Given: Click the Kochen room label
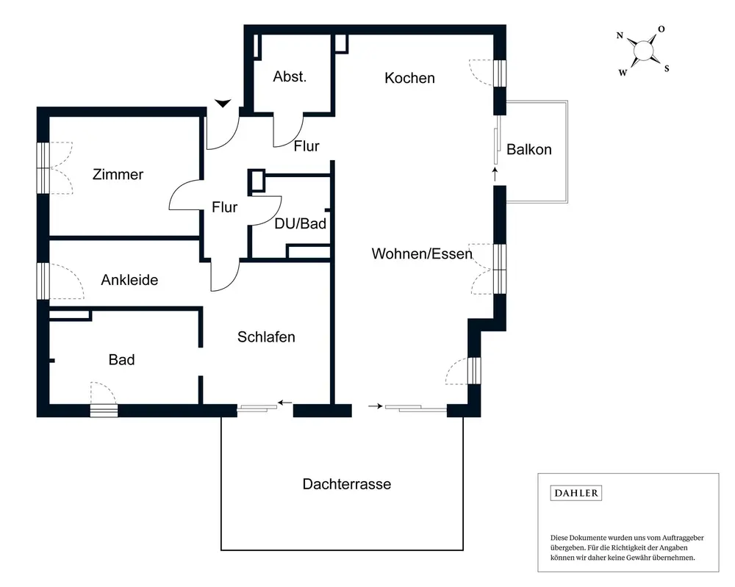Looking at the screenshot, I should coord(409,78).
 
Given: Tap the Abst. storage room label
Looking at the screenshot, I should coord(290,76).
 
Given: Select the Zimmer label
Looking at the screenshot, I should coord(118,175).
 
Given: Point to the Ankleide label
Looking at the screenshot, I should coord(129,280).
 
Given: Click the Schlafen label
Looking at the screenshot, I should coord(266,337).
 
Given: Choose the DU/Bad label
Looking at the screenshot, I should coord(300,224).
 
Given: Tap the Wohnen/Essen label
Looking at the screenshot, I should coord(421,254).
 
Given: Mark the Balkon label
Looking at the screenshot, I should coord(528,150).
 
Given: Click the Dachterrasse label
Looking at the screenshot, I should coord(346,484).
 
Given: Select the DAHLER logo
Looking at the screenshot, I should coord(576,493).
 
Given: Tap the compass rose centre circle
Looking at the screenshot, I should coord(643,50).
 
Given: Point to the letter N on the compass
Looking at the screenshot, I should coord(620,35).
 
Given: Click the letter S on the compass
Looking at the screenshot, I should coord(667,69).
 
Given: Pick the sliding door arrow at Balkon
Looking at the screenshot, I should coord(495,174).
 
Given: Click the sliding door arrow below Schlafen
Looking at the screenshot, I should coord(285,403).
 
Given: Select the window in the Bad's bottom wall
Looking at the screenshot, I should coord(104,411).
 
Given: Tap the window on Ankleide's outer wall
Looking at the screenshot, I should coord(43,281).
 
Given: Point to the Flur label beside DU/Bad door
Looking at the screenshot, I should coord(224,208).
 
